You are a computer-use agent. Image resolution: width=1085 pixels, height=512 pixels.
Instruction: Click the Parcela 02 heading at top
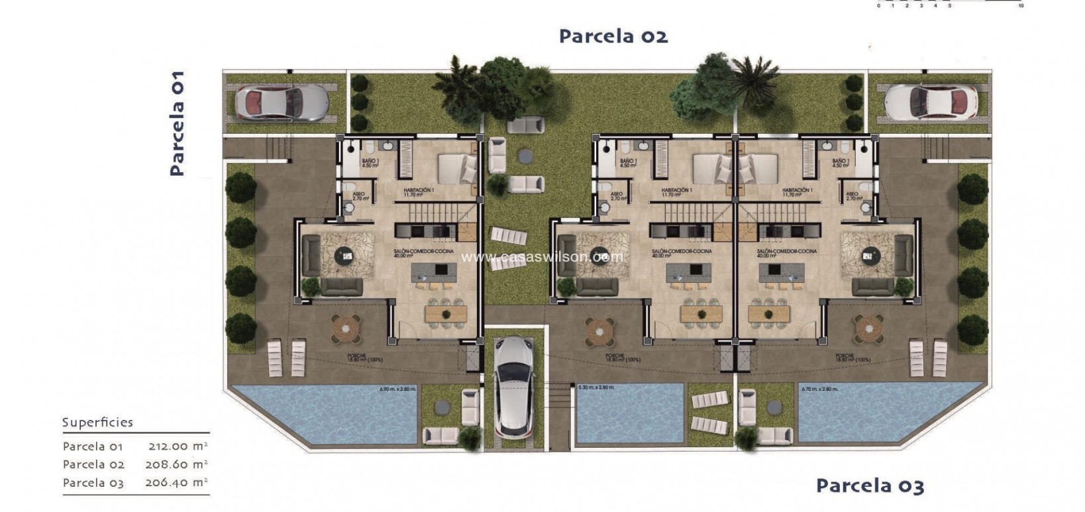(613, 36)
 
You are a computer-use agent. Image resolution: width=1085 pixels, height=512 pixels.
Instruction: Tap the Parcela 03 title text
(869, 486)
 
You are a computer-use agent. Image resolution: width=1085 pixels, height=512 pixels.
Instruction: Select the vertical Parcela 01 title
(176, 124)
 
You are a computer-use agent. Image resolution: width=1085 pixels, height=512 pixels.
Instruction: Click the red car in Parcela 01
(282, 103)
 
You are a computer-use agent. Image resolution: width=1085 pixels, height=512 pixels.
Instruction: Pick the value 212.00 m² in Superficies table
(177, 446)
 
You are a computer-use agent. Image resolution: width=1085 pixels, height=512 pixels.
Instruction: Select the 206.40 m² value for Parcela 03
(177, 482)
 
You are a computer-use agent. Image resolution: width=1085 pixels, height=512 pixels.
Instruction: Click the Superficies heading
(97, 423)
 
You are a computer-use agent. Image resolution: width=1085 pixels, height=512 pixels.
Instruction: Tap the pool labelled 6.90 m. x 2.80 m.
(325, 414)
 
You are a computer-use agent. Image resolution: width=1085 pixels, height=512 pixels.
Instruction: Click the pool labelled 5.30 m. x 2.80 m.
(629, 414)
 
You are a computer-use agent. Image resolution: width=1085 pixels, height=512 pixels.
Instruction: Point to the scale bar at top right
(949, 3)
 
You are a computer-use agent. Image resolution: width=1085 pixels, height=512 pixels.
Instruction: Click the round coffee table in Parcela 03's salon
(870, 254)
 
